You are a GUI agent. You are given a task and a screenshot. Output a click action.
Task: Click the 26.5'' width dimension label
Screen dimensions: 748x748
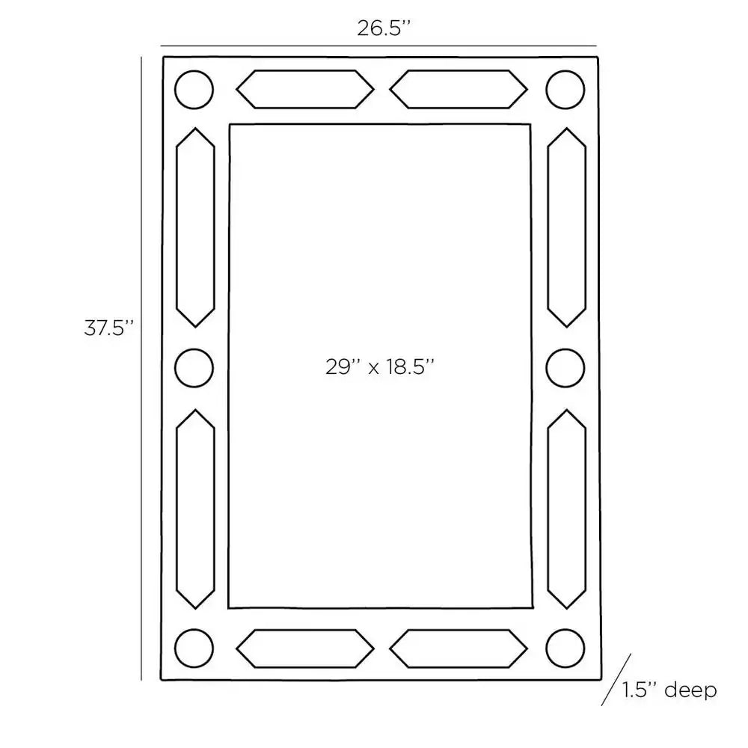pyautogui.click(x=384, y=28)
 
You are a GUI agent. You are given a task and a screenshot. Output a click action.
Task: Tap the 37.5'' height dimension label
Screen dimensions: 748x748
pyautogui.click(x=108, y=328)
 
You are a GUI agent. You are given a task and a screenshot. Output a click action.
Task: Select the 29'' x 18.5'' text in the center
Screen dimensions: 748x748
pyautogui.click(x=380, y=367)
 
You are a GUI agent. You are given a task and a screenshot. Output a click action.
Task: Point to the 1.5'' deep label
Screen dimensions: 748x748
pyautogui.click(x=669, y=690)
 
